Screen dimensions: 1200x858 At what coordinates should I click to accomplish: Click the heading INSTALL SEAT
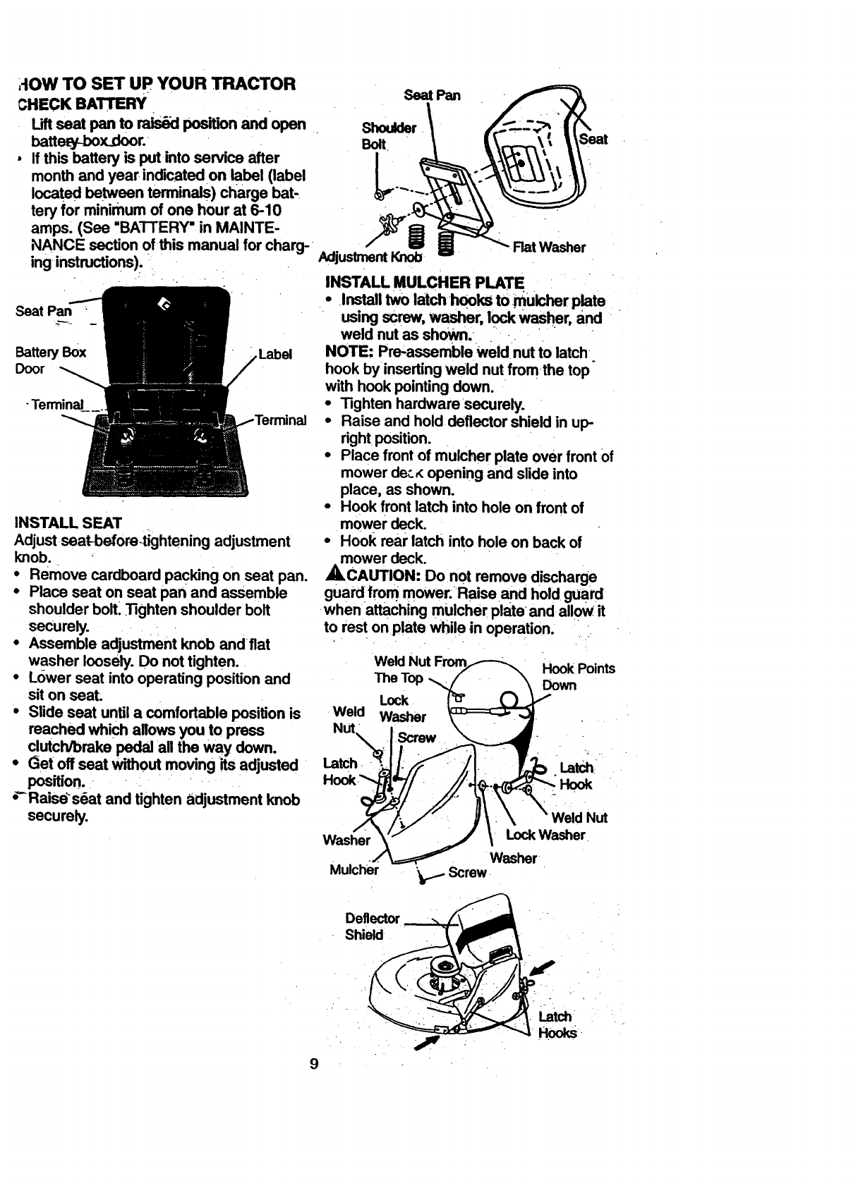(x=68, y=523)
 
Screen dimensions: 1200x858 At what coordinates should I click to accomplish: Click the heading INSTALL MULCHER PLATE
(x=424, y=283)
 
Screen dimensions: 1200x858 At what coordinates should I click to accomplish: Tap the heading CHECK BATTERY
(x=82, y=104)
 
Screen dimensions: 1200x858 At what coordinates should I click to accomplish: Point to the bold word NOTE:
(x=349, y=352)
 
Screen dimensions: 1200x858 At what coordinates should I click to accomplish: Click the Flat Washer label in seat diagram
(x=549, y=247)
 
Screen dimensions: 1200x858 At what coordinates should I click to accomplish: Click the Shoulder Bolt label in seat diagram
(x=389, y=135)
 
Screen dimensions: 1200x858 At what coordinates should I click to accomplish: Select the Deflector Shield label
(x=373, y=926)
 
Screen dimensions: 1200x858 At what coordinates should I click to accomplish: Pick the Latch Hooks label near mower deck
(x=557, y=1025)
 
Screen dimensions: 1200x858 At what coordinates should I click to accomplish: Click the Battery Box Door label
(x=50, y=360)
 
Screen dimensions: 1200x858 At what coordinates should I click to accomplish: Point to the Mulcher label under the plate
(x=354, y=869)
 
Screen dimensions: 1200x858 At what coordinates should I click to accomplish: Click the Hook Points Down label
(x=577, y=677)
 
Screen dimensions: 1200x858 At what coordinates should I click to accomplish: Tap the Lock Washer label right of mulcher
(x=545, y=835)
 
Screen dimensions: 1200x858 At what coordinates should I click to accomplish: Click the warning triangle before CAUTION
(x=332, y=576)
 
